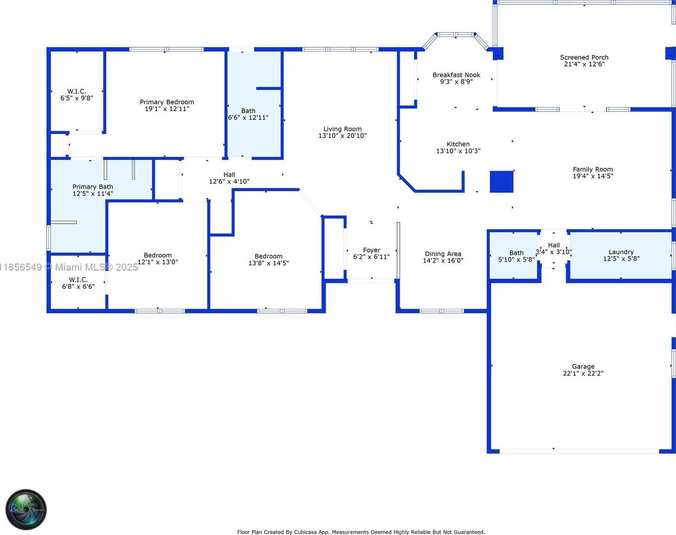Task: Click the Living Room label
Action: pyautogui.click(x=342, y=129)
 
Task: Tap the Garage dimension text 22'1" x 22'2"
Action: pyautogui.click(x=583, y=373)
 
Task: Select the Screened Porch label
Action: pyautogui.click(x=584, y=57)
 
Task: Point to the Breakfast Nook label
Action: pyautogui.click(x=456, y=75)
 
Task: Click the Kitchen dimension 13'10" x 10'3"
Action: pyautogui.click(x=458, y=151)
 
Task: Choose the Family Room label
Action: pyautogui.click(x=592, y=169)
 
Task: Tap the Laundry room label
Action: pyautogui.click(x=621, y=252)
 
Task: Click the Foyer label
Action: pyautogui.click(x=371, y=250)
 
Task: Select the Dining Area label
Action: pyautogui.click(x=443, y=254)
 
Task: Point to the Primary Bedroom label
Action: pyautogui.click(x=167, y=102)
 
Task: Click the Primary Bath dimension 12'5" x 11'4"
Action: pyautogui.click(x=93, y=193)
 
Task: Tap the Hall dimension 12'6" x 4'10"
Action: pyautogui.click(x=230, y=182)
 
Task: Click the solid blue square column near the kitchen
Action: pyautogui.click(x=502, y=182)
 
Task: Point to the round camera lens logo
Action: pyautogui.click(x=26, y=509)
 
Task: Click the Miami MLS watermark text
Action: pyautogui.click(x=69, y=267)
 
